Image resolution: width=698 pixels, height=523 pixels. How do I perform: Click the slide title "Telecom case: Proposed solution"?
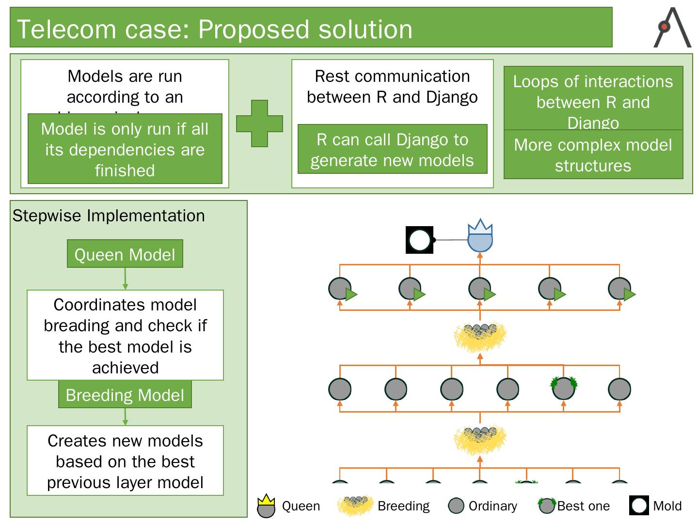215,29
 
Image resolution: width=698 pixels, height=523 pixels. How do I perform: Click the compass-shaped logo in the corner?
672,28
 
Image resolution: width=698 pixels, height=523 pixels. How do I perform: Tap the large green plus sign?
259,123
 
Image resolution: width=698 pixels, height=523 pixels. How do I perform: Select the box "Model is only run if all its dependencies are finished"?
125,150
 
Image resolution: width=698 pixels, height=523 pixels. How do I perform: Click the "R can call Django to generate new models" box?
392,150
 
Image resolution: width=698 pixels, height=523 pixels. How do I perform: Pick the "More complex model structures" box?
593,155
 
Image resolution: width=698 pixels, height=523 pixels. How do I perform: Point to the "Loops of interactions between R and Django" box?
593,99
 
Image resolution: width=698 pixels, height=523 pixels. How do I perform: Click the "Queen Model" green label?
125,254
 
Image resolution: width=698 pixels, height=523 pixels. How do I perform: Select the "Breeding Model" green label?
125,395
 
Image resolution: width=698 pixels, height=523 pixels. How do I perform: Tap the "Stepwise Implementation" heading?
109,215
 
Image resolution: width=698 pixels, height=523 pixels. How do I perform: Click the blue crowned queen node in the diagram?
480,238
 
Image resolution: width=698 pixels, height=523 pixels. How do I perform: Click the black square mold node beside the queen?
419,240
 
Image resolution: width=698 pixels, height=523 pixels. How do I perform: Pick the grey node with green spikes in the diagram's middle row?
563,388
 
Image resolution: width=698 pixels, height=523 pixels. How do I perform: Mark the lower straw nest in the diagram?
480,438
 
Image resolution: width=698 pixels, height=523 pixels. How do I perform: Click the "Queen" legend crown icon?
266,506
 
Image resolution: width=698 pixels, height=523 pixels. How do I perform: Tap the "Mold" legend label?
667,506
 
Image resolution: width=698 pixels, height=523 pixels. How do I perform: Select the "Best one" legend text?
583,506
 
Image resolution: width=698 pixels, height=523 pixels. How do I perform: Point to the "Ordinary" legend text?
492,506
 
